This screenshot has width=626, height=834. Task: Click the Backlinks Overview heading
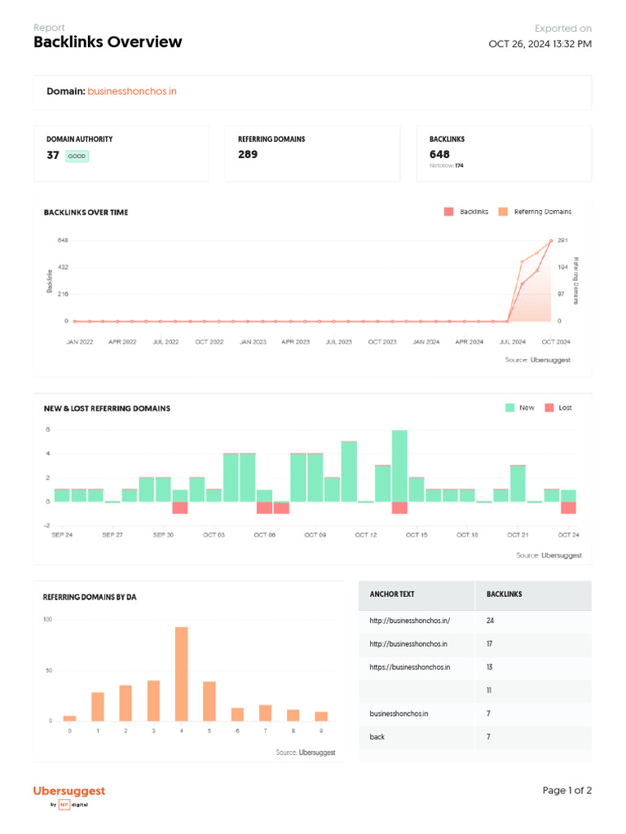tap(108, 42)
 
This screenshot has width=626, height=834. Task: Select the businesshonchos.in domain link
tap(131, 91)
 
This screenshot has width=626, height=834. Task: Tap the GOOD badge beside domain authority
tap(77, 156)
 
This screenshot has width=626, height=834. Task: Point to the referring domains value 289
tap(248, 155)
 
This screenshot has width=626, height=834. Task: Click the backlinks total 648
tap(439, 155)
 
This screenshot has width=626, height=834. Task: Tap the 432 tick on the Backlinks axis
tap(63, 267)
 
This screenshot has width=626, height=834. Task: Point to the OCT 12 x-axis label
tap(366, 535)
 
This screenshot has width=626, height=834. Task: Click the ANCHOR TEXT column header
tap(392, 595)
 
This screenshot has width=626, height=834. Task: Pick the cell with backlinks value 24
tap(491, 621)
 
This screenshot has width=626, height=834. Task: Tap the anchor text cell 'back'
tap(377, 736)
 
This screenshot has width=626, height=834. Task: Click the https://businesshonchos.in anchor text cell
tap(409, 667)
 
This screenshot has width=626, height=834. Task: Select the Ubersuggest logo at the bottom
tap(69, 792)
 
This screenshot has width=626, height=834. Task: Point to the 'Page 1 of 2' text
tap(567, 791)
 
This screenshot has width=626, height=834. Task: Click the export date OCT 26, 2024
tap(540, 44)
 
